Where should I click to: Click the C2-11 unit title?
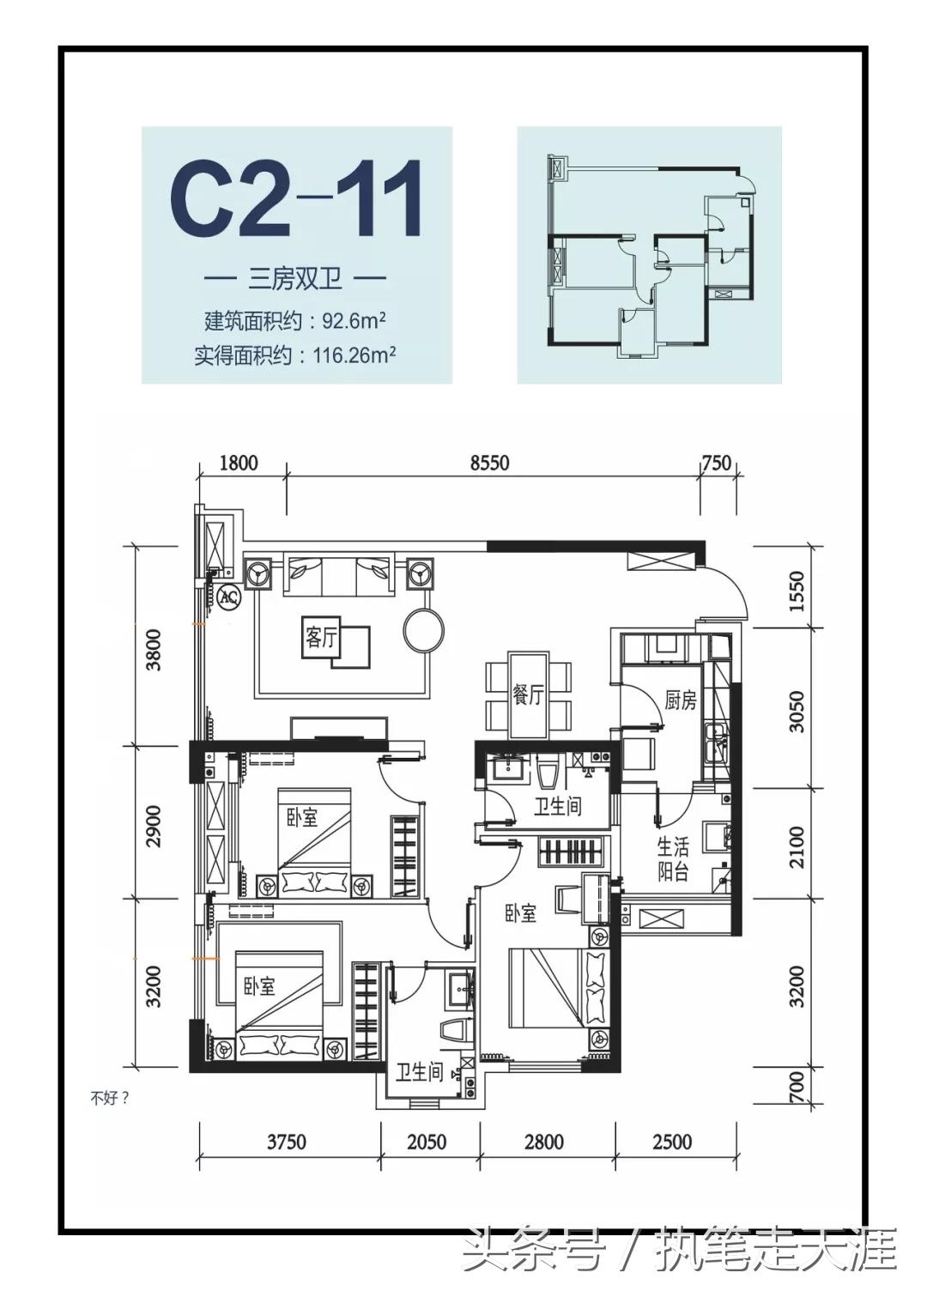tap(296, 199)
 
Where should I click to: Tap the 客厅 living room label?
tap(321, 637)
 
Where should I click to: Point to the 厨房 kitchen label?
tap(680, 700)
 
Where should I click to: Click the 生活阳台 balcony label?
tap(673, 859)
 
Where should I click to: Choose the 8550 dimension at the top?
tap(489, 463)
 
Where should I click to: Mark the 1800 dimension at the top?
tap(239, 463)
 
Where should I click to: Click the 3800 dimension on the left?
tap(154, 650)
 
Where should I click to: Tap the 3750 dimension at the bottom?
tap(286, 1142)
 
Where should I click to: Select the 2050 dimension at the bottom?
tap(427, 1142)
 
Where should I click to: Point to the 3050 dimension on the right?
tap(797, 711)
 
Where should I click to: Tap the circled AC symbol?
tap(228, 597)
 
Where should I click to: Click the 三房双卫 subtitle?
tap(295, 278)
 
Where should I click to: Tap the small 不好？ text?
tap(110, 1097)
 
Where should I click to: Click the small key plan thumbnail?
tap(650, 255)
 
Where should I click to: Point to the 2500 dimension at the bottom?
tap(671, 1142)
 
